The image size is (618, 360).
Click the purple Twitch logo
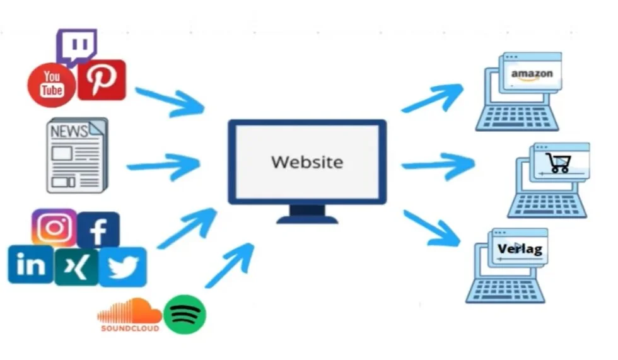[x=76, y=46]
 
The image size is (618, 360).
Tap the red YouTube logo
[x=51, y=84]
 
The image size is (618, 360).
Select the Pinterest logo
[x=101, y=80]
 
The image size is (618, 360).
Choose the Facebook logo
[x=98, y=230]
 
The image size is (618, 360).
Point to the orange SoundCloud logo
[x=129, y=315]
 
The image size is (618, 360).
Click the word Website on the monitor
[x=307, y=162]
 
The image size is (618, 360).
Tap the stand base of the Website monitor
[x=307, y=219]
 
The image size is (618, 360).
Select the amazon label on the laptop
[x=532, y=74]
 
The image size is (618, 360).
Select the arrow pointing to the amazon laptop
[x=433, y=98]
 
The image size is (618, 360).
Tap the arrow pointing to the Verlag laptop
[x=433, y=228]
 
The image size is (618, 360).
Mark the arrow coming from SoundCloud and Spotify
[x=230, y=265]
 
